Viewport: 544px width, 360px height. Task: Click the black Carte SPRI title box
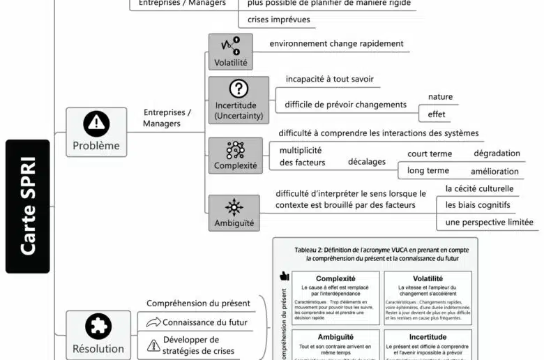point(28,206)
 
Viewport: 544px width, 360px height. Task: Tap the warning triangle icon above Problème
point(96,123)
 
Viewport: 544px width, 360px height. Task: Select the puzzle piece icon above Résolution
point(98,326)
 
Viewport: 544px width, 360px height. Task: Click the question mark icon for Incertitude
point(239,89)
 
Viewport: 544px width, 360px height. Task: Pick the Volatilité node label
point(230,63)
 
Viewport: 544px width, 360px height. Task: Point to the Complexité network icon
point(235,149)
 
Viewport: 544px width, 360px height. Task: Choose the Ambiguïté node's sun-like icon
point(234,207)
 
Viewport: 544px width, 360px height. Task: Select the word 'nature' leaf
point(440,97)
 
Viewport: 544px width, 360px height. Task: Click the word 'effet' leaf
point(437,114)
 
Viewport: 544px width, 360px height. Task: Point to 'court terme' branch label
point(430,153)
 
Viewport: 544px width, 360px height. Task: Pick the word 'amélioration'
point(494,171)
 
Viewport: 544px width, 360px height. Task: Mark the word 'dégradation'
point(497,153)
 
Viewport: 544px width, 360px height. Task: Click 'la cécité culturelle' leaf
point(479,188)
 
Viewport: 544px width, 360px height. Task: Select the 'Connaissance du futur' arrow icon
point(153,322)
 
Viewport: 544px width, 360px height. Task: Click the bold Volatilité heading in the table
point(428,278)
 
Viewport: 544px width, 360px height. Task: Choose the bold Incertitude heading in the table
point(428,336)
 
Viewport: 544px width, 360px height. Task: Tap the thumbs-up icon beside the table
point(284,276)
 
